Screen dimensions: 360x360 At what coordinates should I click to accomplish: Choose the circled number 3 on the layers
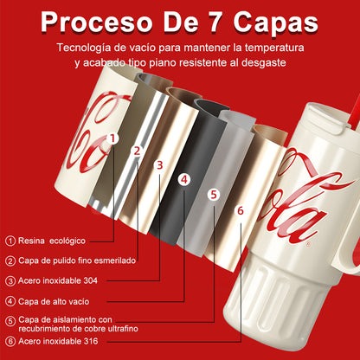(158, 164)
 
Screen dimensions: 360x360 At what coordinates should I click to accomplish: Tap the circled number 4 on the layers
(183, 179)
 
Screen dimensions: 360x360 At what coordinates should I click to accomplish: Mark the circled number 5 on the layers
(214, 195)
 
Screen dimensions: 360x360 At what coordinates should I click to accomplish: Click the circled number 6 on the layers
(240, 210)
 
